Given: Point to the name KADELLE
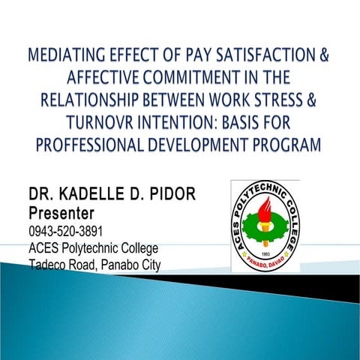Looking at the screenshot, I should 90,196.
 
